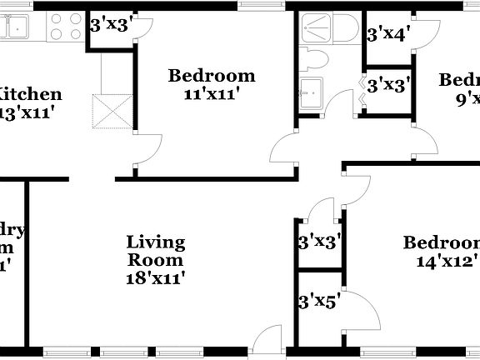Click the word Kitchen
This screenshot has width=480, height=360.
(30, 93)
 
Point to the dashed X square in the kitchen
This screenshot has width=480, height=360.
(112, 112)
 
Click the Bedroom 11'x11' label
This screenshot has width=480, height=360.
(212, 77)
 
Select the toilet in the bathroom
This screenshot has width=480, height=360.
(315, 59)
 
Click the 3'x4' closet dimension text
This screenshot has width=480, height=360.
(386, 34)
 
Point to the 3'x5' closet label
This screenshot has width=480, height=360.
(318, 300)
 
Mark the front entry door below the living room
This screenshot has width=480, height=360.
(268, 338)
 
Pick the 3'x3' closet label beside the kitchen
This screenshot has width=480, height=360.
(108, 25)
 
